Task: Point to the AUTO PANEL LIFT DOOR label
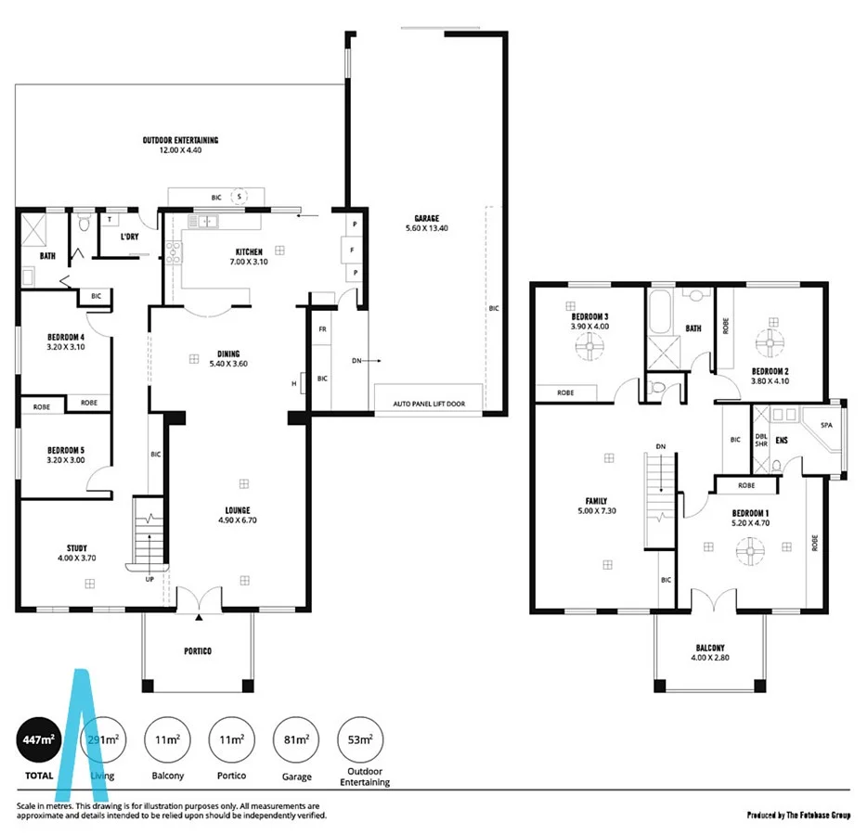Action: pyautogui.click(x=429, y=405)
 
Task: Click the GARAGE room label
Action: pyautogui.click(x=427, y=219)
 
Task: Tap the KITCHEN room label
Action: pyautogui.click(x=248, y=251)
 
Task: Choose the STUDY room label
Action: pyautogui.click(x=76, y=548)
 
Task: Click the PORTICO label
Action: pyautogui.click(x=197, y=651)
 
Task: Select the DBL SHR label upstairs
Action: pyautogui.click(x=761, y=440)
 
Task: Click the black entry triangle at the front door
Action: pyautogui.click(x=199, y=616)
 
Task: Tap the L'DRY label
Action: pyautogui.click(x=130, y=238)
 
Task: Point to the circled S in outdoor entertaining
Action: pyautogui.click(x=240, y=197)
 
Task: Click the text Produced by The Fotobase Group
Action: pyautogui.click(x=798, y=816)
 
